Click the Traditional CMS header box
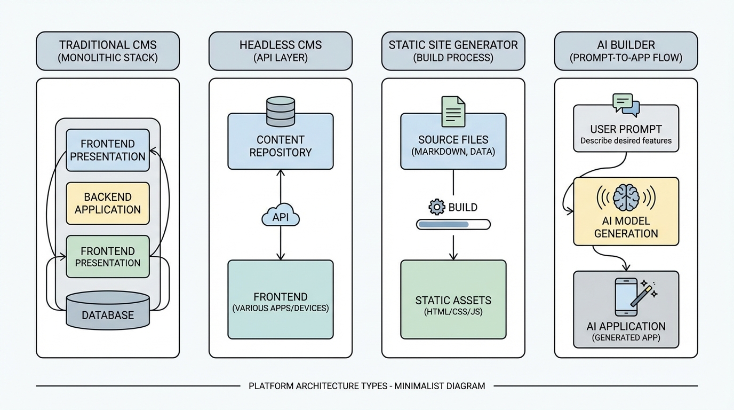tap(108, 51)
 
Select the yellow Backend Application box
tap(108, 203)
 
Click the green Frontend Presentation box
tap(108, 257)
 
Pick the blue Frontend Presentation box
tap(108, 150)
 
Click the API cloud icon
tap(281, 217)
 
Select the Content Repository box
tap(281, 146)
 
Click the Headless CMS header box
tap(281, 51)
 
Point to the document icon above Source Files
tap(453, 111)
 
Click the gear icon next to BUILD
tap(436, 207)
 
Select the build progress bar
tap(453, 225)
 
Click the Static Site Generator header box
tap(453, 51)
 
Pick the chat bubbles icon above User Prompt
tap(626, 104)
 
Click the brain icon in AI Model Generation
tap(626, 198)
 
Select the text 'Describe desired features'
tap(626, 141)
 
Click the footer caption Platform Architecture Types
tap(367, 386)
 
